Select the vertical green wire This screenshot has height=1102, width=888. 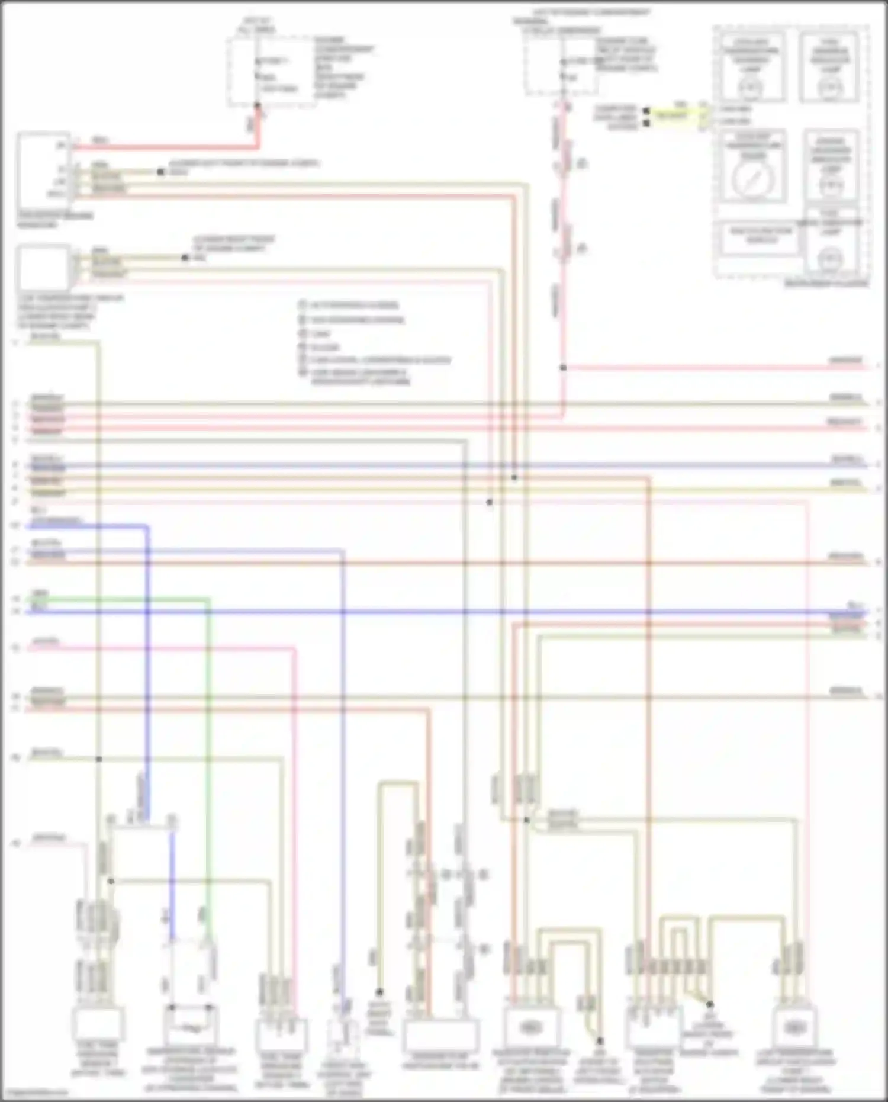(x=208, y=740)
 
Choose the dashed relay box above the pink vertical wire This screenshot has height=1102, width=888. (x=560, y=65)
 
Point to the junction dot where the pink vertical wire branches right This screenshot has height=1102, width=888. (x=563, y=368)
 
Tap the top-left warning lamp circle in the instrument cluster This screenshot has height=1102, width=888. (x=751, y=88)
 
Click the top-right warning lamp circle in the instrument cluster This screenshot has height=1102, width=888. (x=830, y=88)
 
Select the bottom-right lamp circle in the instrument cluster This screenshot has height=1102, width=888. (x=830, y=259)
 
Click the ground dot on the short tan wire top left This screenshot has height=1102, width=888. (x=160, y=172)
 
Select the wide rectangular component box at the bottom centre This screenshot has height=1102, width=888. (x=440, y=1035)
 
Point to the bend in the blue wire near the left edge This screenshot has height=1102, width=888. (x=147, y=526)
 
